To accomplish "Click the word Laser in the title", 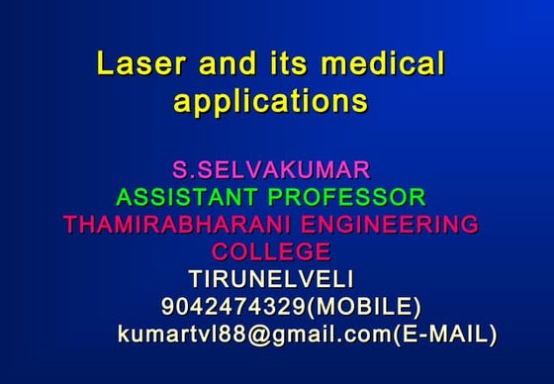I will pyautogui.click(x=139, y=66).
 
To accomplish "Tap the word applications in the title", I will pyautogui.click(x=271, y=102).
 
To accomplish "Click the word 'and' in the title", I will pyautogui.click(x=227, y=66).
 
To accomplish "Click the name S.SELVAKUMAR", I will pyautogui.click(x=271, y=168).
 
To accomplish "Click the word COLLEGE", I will pyautogui.click(x=271, y=251).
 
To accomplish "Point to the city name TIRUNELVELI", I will pyautogui.click(x=271, y=278).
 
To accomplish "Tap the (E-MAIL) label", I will pyautogui.click(x=444, y=335).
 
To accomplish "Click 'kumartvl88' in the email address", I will pyautogui.click(x=182, y=335).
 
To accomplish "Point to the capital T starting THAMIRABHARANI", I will pyautogui.click(x=69, y=224).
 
